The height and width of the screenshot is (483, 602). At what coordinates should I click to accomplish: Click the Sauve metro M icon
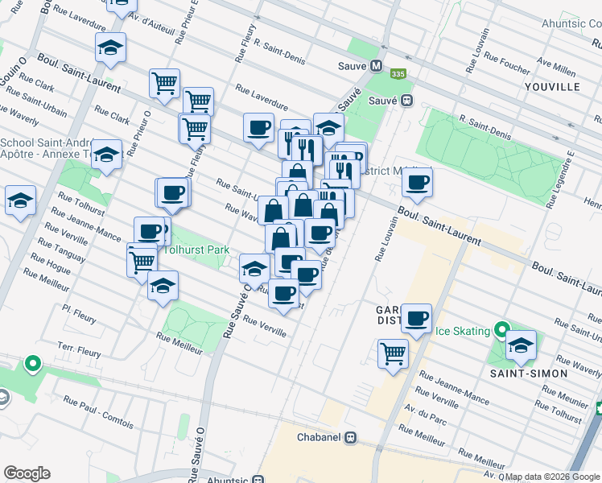pyautogui.click(x=376, y=66)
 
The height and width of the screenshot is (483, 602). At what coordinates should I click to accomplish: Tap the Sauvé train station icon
pyautogui.click(x=407, y=101)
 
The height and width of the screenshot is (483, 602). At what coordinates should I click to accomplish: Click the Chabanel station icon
pyautogui.click(x=350, y=438)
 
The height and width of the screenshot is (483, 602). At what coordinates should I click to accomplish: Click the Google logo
pyautogui.click(x=27, y=473)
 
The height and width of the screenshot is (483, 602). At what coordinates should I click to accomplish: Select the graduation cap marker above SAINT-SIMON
pyautogui.click(x=521, y=345)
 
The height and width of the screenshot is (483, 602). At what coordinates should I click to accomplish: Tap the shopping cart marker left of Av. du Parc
pyautogui.click(x=393, y=352)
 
